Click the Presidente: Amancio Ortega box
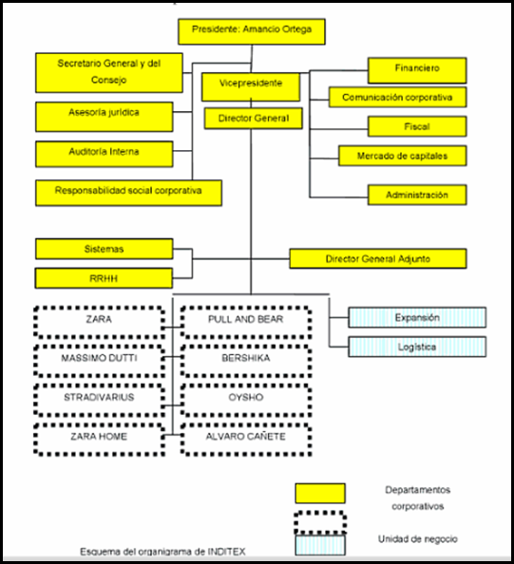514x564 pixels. (x=252, y=31)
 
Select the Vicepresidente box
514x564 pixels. (x=251, y=87)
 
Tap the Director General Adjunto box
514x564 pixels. (x=378, y=258)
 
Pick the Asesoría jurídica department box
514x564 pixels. (x=104, y=117)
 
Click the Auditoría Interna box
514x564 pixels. (x=104, y=154)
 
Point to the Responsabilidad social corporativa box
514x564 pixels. (x=128, y=193)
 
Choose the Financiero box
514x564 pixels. (x=417, y=70)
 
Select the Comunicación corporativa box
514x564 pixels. (x=398, y=97)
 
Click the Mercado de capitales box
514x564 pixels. (x=403, y=156)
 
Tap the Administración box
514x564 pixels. (x=417, y=195)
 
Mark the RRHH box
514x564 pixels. (x=104, y=278)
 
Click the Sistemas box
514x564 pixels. (x=104, y=249)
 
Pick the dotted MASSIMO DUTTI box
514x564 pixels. (x=100, y=361)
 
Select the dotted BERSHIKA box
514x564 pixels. (x=246, y=361)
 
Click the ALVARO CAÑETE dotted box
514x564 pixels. (x=246, y=440)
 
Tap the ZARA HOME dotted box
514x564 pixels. (x=100, y=440)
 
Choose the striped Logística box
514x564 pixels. (x=417, y=347)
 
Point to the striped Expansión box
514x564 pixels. (x=417, y=317)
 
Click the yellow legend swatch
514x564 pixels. (x=320, y=493)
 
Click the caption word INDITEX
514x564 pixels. (x=227, y=552)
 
